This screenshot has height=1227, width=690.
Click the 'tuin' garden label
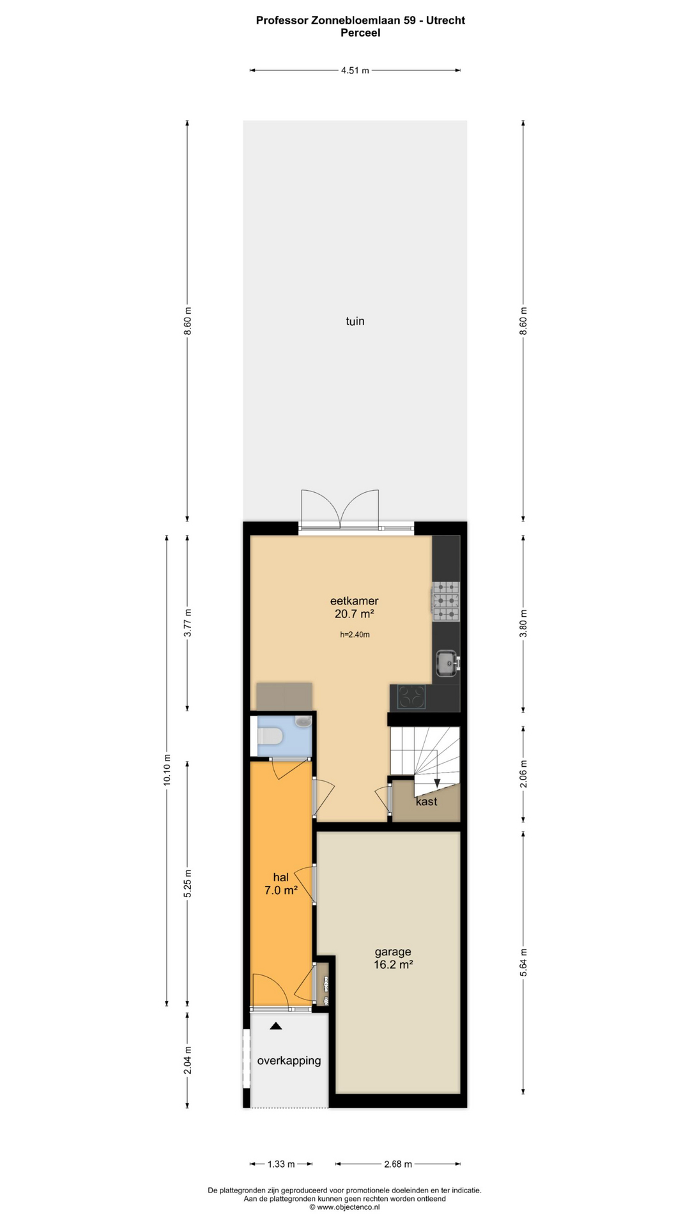355,321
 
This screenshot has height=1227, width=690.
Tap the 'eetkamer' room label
354,601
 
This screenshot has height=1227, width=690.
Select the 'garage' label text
393,952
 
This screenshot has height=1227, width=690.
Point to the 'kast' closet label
426,801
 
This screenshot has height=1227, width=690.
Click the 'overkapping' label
289,1061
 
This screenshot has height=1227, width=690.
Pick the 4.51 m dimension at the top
355,70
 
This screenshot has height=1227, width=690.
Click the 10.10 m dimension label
167,770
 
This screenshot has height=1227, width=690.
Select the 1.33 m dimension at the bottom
281,1164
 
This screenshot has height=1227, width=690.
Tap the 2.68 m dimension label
398,1164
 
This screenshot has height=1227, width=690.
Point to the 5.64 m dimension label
524,962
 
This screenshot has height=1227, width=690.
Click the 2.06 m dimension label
524,774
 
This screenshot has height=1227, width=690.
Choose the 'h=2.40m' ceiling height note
355,635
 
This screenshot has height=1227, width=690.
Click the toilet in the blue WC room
270,737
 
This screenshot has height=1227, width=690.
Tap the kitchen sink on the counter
447,663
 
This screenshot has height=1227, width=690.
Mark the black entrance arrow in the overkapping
275,1026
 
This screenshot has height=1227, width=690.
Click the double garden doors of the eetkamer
340,509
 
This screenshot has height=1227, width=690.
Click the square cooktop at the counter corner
412,697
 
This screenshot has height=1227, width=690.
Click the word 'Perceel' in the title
360,33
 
